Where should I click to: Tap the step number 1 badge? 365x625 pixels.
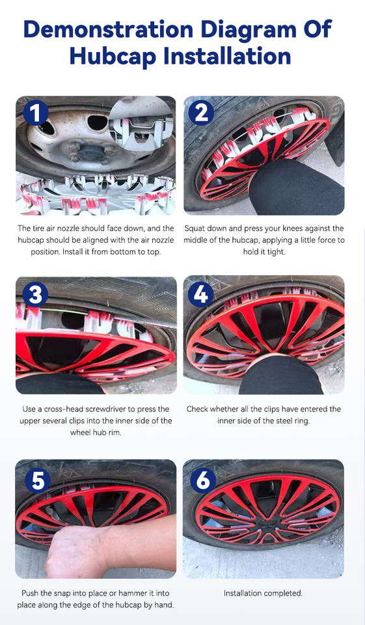click(36, 113)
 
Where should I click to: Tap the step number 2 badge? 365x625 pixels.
click(202, 113)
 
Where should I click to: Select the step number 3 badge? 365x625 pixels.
click(36, 294)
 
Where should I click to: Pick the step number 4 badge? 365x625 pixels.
click(201, 294)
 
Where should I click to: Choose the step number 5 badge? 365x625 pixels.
click(38, 480)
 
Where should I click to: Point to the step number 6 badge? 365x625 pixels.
click(203, 480)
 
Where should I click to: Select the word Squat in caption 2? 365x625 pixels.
click(194, 229)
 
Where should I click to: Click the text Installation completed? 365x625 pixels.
click(263, 593)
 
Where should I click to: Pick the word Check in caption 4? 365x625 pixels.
click(197, 409)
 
